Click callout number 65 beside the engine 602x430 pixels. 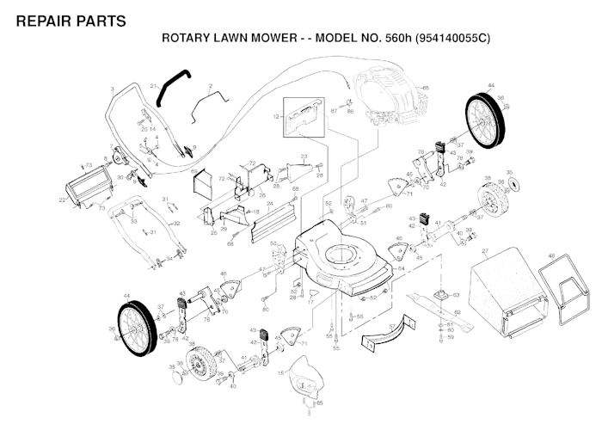[426, 88]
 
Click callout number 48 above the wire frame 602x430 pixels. [551, 255]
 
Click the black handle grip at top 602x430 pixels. [171, 86]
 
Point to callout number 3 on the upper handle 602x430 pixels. [112, 89]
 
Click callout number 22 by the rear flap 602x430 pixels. [61, 200]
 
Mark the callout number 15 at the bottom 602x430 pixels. [280, 372]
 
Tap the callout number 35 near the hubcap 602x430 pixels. [508, 172]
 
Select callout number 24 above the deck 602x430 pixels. [270, 205]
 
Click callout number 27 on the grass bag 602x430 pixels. [485, 251]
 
